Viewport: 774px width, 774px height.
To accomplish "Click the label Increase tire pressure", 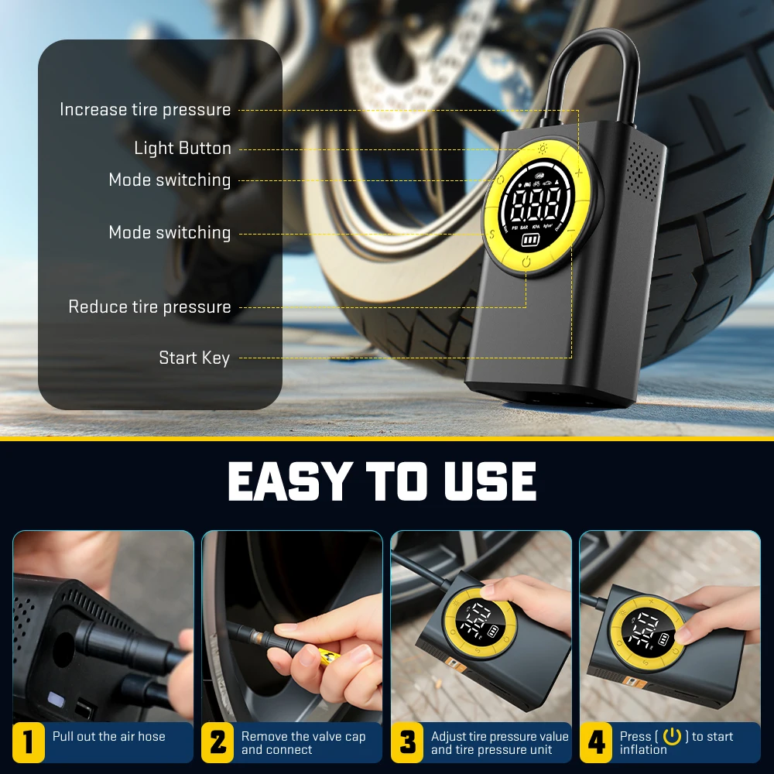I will [x=146, y=110].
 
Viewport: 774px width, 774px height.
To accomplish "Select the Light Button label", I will [x=183, y=149].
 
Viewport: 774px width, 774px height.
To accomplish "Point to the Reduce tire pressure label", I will [x=149, y=307].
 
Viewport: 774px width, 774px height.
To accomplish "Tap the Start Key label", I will [x=194, y=358].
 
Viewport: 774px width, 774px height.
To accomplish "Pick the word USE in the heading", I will [x=490, y=481].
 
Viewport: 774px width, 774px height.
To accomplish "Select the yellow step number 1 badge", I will [x=29, y=742].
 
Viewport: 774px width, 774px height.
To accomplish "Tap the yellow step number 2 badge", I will [x=218, y=742].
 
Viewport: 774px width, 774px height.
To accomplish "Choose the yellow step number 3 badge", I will [x=407, y=742].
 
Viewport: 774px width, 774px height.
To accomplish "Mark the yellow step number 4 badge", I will [x=596, y=742].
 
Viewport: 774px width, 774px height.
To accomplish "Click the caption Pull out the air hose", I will [x=109, y=737].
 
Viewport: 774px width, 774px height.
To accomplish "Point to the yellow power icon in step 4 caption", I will [x=671, y=737].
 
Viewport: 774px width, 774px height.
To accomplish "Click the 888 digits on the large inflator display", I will [x=535, y=207].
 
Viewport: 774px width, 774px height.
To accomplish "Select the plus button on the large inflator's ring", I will [x=578, y=173].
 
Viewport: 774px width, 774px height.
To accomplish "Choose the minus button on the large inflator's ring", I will [x=570, y=231].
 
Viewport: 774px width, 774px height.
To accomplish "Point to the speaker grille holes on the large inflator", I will [x=644, y=170].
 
